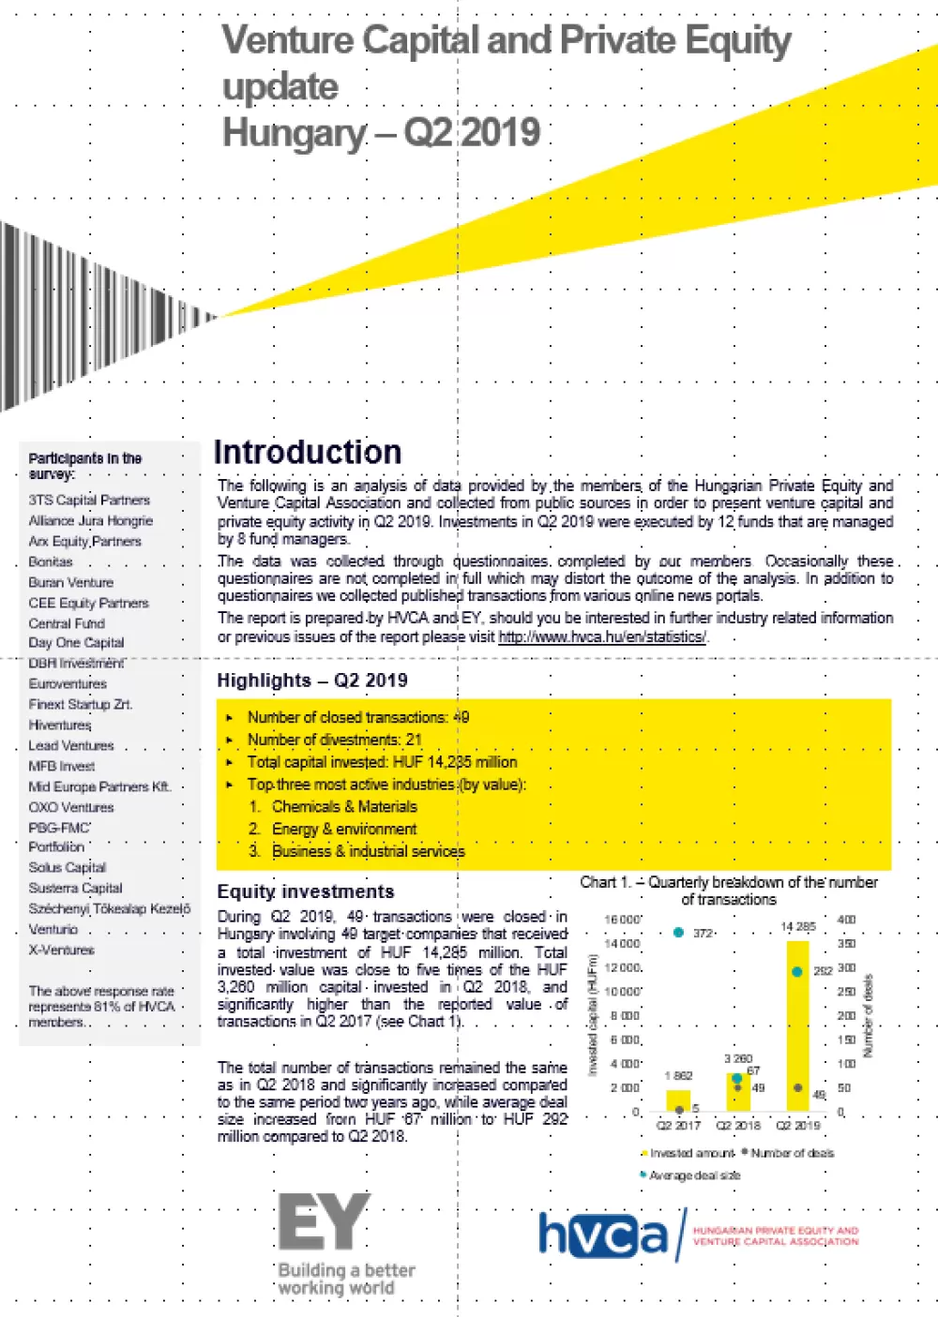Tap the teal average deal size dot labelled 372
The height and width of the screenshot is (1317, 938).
pos(678,933)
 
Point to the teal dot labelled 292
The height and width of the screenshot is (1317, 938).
pos(797,971)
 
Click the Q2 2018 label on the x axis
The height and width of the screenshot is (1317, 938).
pos(738,1126)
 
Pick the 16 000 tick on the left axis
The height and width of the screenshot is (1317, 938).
pos(623,920)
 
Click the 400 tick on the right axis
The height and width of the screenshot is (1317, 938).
pos(846,920)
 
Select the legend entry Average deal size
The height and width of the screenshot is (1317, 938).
pos(694,1175)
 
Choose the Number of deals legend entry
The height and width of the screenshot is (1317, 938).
pos(792,1153)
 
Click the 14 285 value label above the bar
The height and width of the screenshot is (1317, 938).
pos(798,927)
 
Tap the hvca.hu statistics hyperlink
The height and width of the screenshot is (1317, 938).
pos(602,637)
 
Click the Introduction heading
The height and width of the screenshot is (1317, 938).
pos(308,453)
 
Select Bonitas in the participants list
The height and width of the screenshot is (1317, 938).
pos(51,561)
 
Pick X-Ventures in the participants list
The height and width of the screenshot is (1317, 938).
pos(61,950)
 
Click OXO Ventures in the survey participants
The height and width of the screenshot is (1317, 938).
pos(71,807)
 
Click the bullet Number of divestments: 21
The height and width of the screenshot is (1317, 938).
pos(334,740)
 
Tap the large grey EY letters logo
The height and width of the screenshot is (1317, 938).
pos(325,1222)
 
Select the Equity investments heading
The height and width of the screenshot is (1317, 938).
pos(306,891)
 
